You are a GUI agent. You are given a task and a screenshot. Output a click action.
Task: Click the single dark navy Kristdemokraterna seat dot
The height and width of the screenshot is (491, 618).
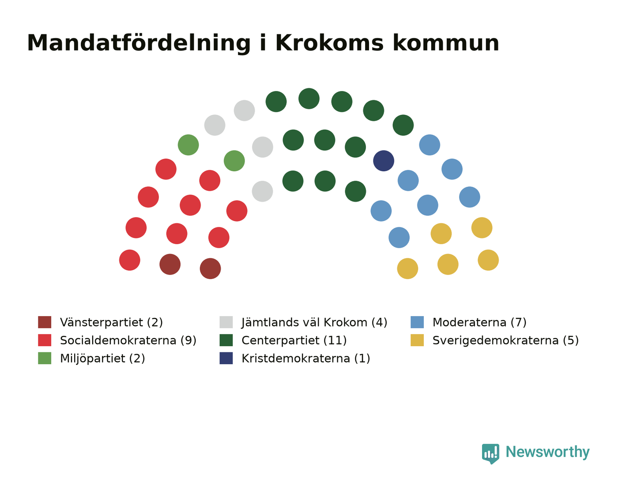tap(383, 161)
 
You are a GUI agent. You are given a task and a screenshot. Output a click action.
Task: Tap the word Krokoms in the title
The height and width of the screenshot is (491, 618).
tap(329, 43)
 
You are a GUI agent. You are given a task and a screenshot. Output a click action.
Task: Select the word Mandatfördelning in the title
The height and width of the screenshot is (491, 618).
tap(139, 44)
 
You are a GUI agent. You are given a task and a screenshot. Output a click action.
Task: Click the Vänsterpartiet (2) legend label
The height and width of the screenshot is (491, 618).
tap(111, 322)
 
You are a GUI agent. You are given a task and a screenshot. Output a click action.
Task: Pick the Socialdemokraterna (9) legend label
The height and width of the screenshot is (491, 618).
tap(128, 340)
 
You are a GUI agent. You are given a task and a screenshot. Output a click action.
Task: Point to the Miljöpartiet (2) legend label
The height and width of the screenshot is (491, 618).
tap(102, 359)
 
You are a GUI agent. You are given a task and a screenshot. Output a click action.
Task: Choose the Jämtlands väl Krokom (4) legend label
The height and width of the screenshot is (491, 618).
tap(314, 322)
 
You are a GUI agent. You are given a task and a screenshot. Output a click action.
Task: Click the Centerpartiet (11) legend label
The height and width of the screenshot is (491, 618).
tap(294, 340)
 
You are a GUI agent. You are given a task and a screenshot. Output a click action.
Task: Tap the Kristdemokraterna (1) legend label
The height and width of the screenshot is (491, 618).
tap(306, 359)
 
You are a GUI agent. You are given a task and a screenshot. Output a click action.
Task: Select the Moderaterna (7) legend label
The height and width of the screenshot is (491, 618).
tap(479, 322)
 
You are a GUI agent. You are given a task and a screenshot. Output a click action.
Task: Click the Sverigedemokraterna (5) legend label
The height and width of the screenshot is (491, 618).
tap(505, 340)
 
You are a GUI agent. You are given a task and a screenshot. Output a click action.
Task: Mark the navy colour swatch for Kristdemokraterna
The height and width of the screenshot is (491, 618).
tap(226, 358)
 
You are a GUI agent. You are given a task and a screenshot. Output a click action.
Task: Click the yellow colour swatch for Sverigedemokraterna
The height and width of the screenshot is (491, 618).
tap(417, 340)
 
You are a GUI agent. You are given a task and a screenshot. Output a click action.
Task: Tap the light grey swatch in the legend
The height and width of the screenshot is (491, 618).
tap(226, 322)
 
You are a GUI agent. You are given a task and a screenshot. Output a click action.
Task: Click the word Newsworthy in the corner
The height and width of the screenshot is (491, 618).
tap(547, 452)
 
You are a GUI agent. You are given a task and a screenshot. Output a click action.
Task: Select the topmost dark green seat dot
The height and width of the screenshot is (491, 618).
tap(309, 98)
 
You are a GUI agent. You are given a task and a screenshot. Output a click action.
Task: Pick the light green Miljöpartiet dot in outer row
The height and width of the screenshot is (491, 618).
tap(188, 145)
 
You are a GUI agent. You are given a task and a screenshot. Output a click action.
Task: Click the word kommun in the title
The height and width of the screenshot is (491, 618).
tap(446, 44)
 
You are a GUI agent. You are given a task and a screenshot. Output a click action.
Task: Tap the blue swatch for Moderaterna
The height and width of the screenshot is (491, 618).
tap(417, 322)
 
